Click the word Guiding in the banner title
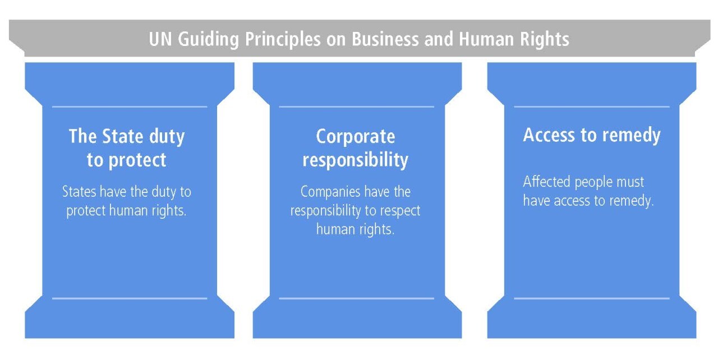click(x=208, y=40)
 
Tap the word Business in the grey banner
click(x=385, y=39)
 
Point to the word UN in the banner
click(x=160, y=39)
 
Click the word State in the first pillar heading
click(x=122, y=136)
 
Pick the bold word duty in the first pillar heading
click(x=167, y=137)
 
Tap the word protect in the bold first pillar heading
click(x=137, y=160)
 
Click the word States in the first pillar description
click(x=79, y=192)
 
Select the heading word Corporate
click(x=356, y=137)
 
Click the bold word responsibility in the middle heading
click(x=356, y=160)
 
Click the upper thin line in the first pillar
click(x=130, y=107)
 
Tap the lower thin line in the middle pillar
click(x=356, y=298)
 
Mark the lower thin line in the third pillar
click(x=592, y=298)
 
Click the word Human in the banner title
click(x=486, y=39)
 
